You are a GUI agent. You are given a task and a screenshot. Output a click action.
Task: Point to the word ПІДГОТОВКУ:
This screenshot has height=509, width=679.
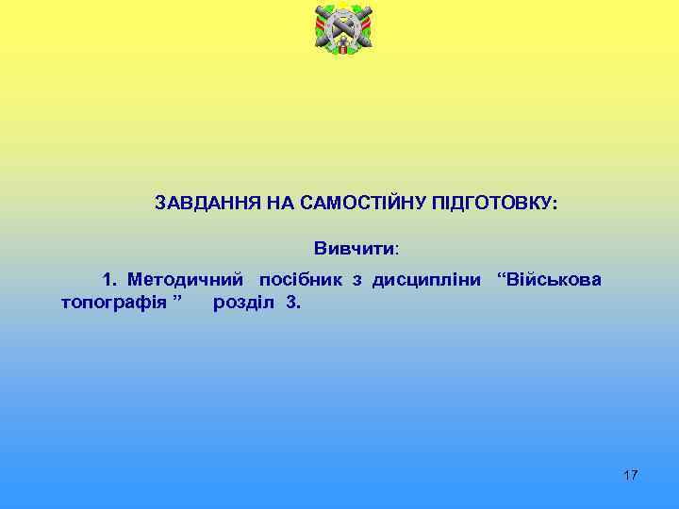(494, 204)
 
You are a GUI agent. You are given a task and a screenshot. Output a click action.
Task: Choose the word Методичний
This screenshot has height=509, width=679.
(186, 279)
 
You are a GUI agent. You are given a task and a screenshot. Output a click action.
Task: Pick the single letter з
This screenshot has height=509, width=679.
(357, 280)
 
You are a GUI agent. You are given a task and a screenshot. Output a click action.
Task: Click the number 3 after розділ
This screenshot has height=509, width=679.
(291, 304)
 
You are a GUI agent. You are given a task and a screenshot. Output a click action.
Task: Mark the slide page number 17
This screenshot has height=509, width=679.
(631, 475)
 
